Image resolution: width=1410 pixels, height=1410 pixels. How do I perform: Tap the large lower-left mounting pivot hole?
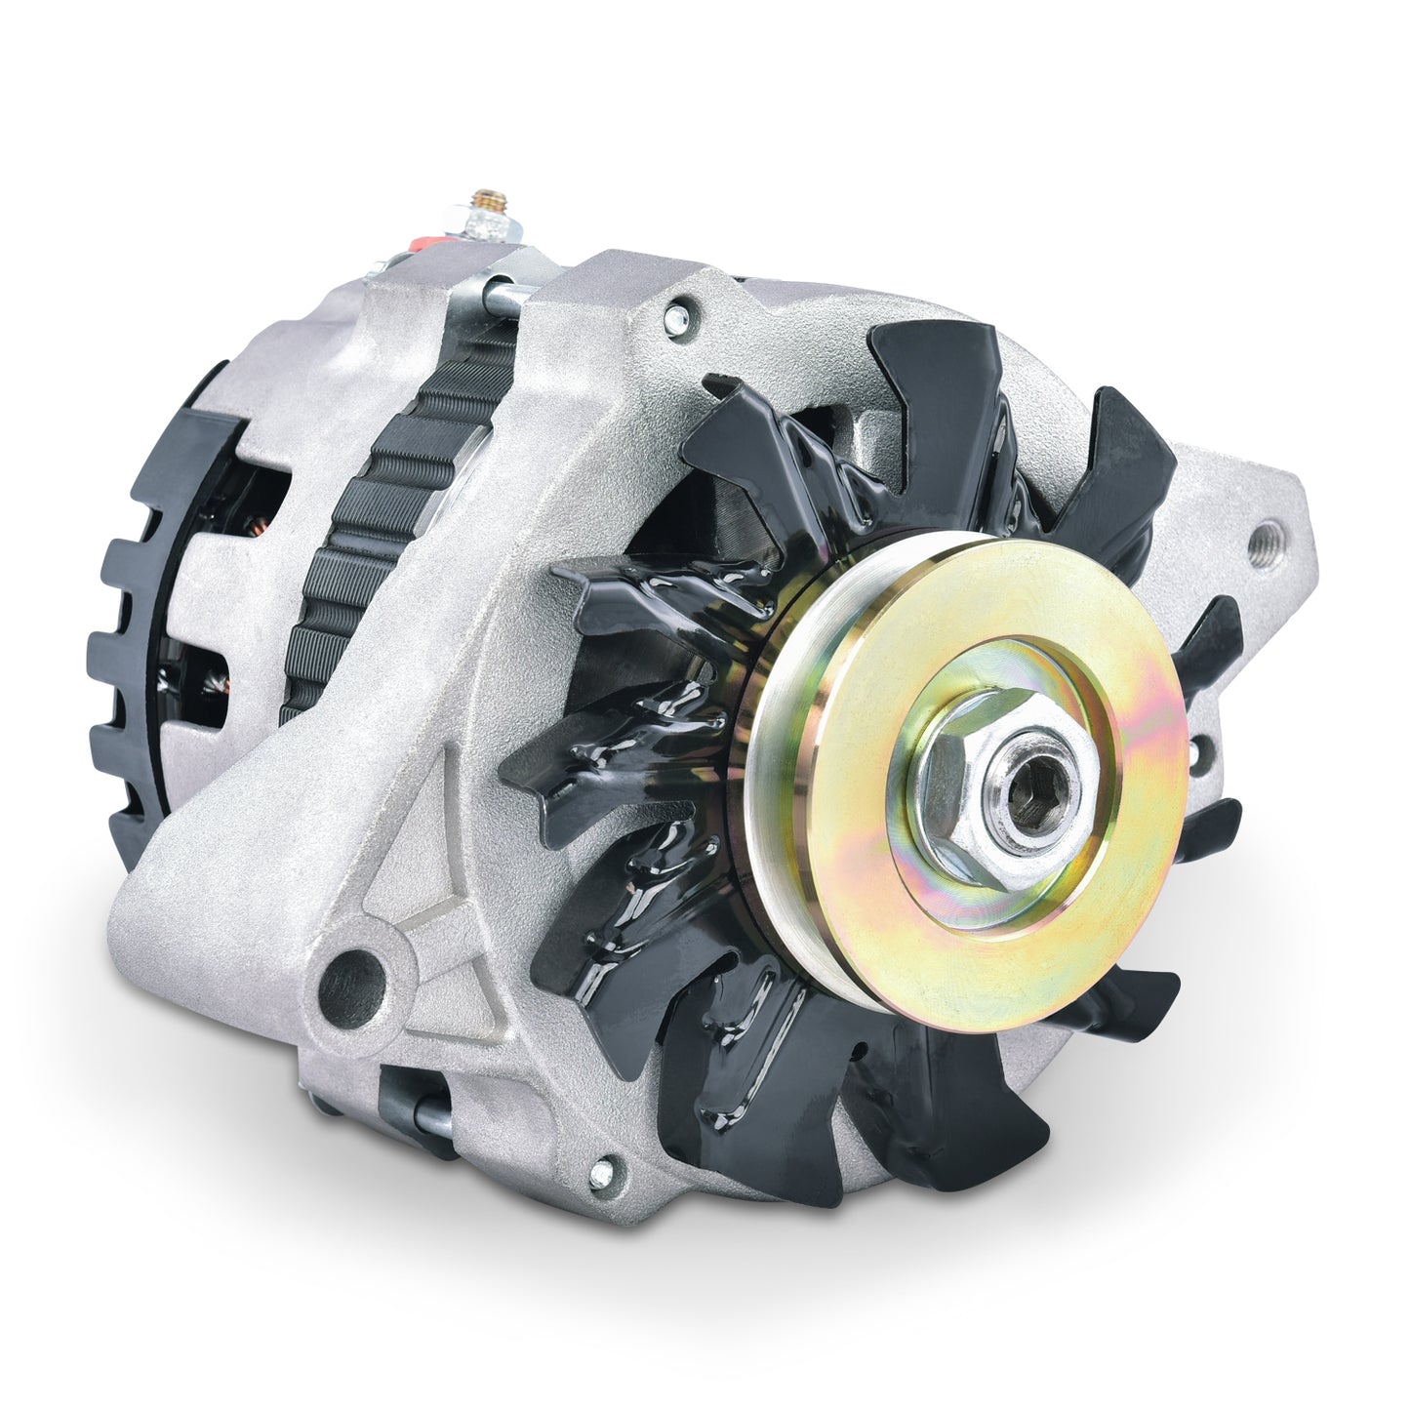[350, 974]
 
